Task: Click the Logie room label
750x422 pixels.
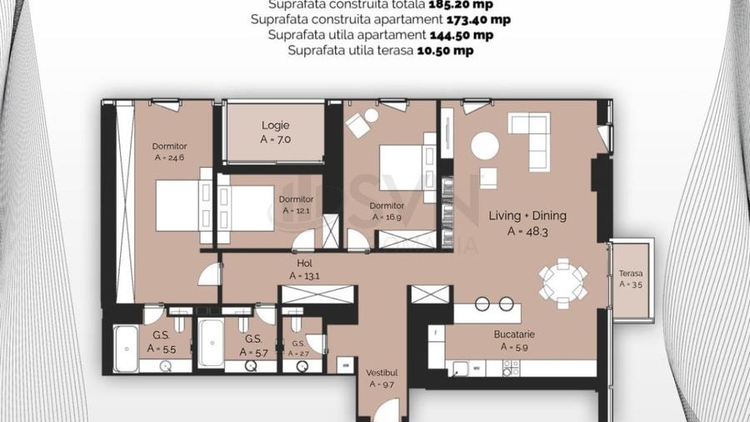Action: pos(276,126)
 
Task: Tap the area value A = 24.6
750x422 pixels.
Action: pos(170,157)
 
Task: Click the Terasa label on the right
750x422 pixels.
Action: pos(631,274)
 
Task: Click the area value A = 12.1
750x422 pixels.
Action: pos(297,211)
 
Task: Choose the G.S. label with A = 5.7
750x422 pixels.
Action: pos(253,340)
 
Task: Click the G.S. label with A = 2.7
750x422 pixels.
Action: pos(298,344)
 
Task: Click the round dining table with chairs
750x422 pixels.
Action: pos(562,279)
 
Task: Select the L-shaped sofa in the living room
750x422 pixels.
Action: pos(530,137)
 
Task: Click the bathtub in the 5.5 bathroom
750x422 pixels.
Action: pos(126,344)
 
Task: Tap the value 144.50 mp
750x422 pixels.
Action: pos(461,35)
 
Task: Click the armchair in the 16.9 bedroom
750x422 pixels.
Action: pos(359,124)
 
